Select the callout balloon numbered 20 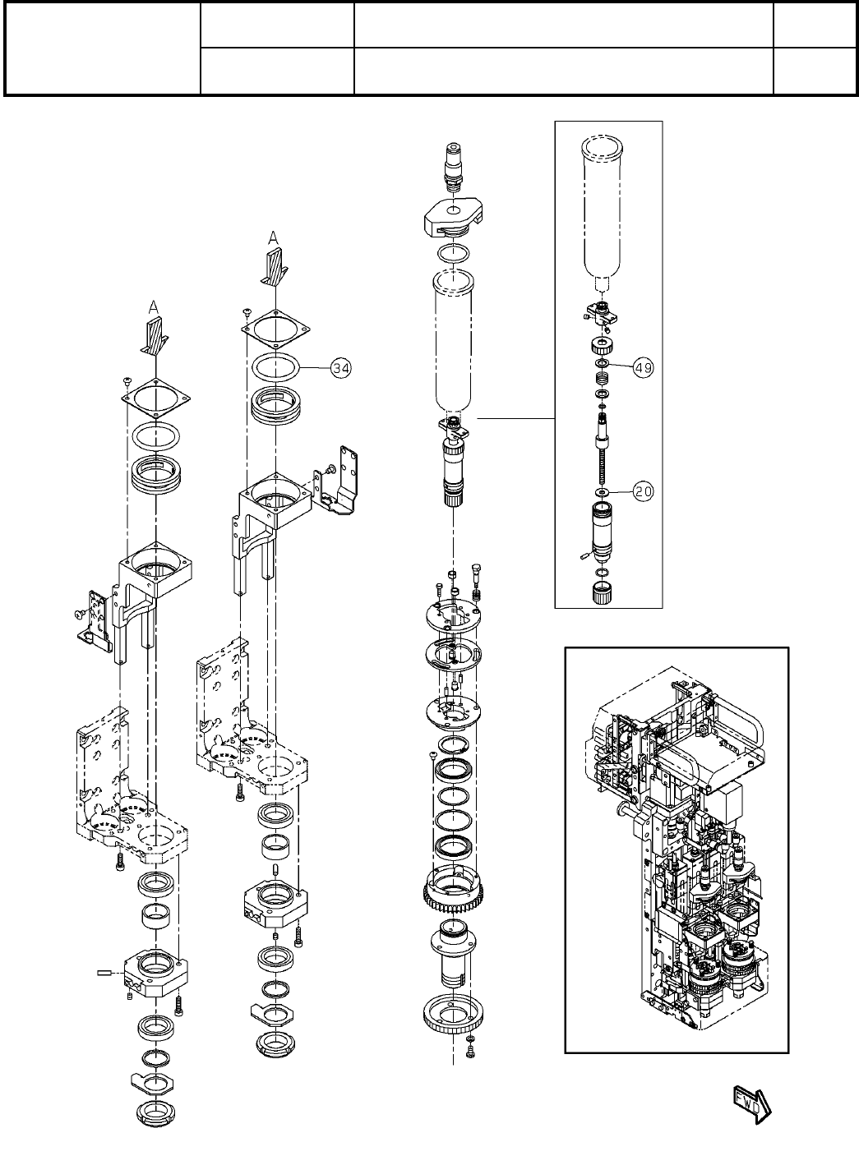click(643, 491)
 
